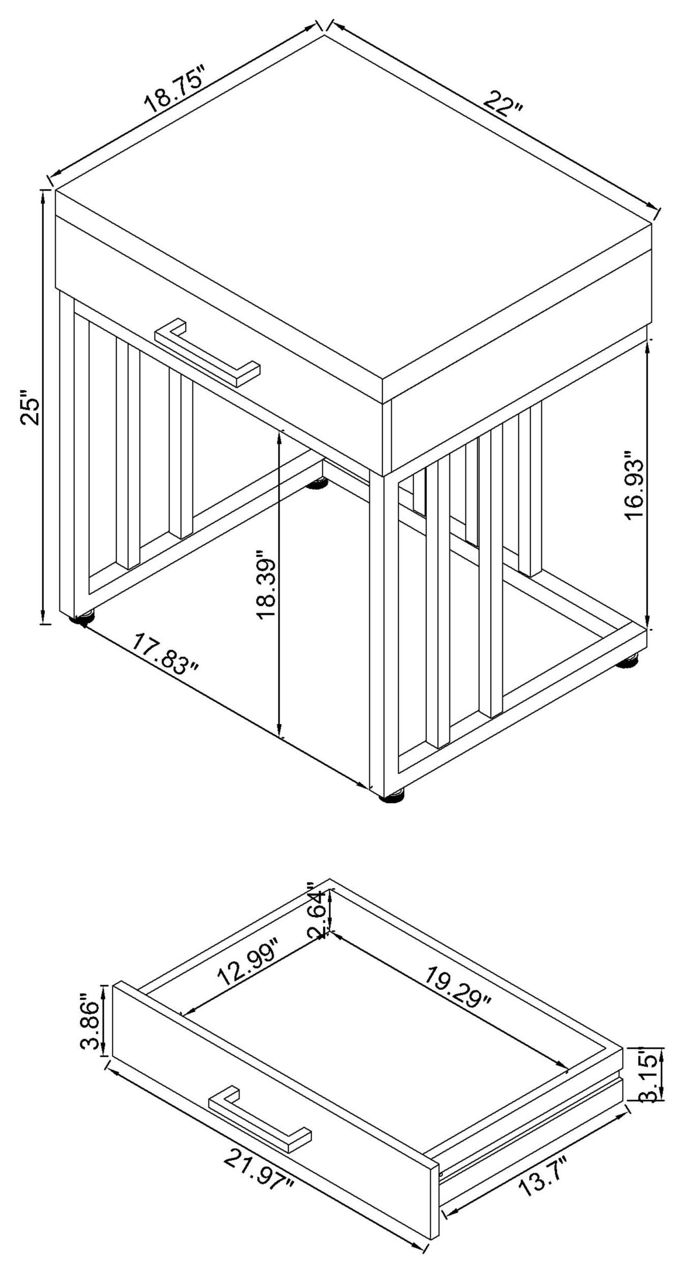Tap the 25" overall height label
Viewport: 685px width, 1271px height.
[x=31, y=407]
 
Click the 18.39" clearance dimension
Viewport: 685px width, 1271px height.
[x=265, y=584]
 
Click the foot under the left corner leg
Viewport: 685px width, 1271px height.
[x=83, y=618]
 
